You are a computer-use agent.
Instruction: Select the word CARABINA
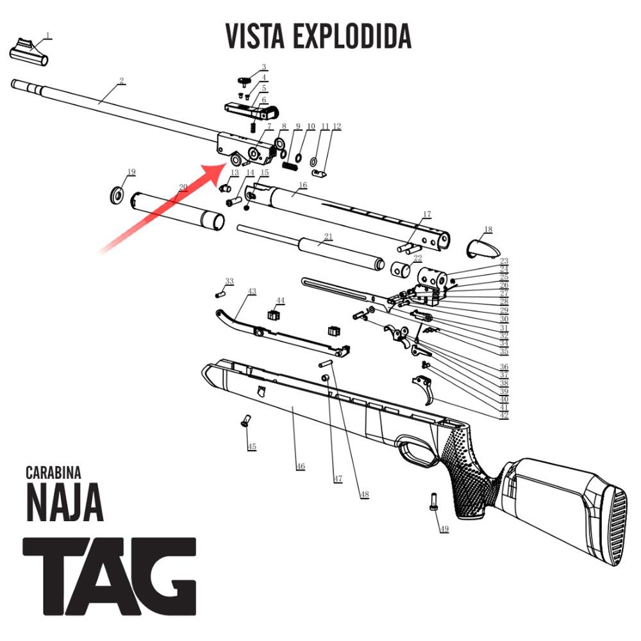[x=53, y=473]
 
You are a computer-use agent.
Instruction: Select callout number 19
[x=131, y=172]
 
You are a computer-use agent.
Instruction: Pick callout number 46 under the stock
[x=300, y=466]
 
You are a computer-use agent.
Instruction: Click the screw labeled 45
[x=245, y=421]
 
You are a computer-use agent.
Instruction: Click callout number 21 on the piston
[x=328, y=237]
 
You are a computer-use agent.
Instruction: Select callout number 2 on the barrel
[x=121, y=81]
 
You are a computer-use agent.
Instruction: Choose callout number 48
[x=364, y=494]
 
